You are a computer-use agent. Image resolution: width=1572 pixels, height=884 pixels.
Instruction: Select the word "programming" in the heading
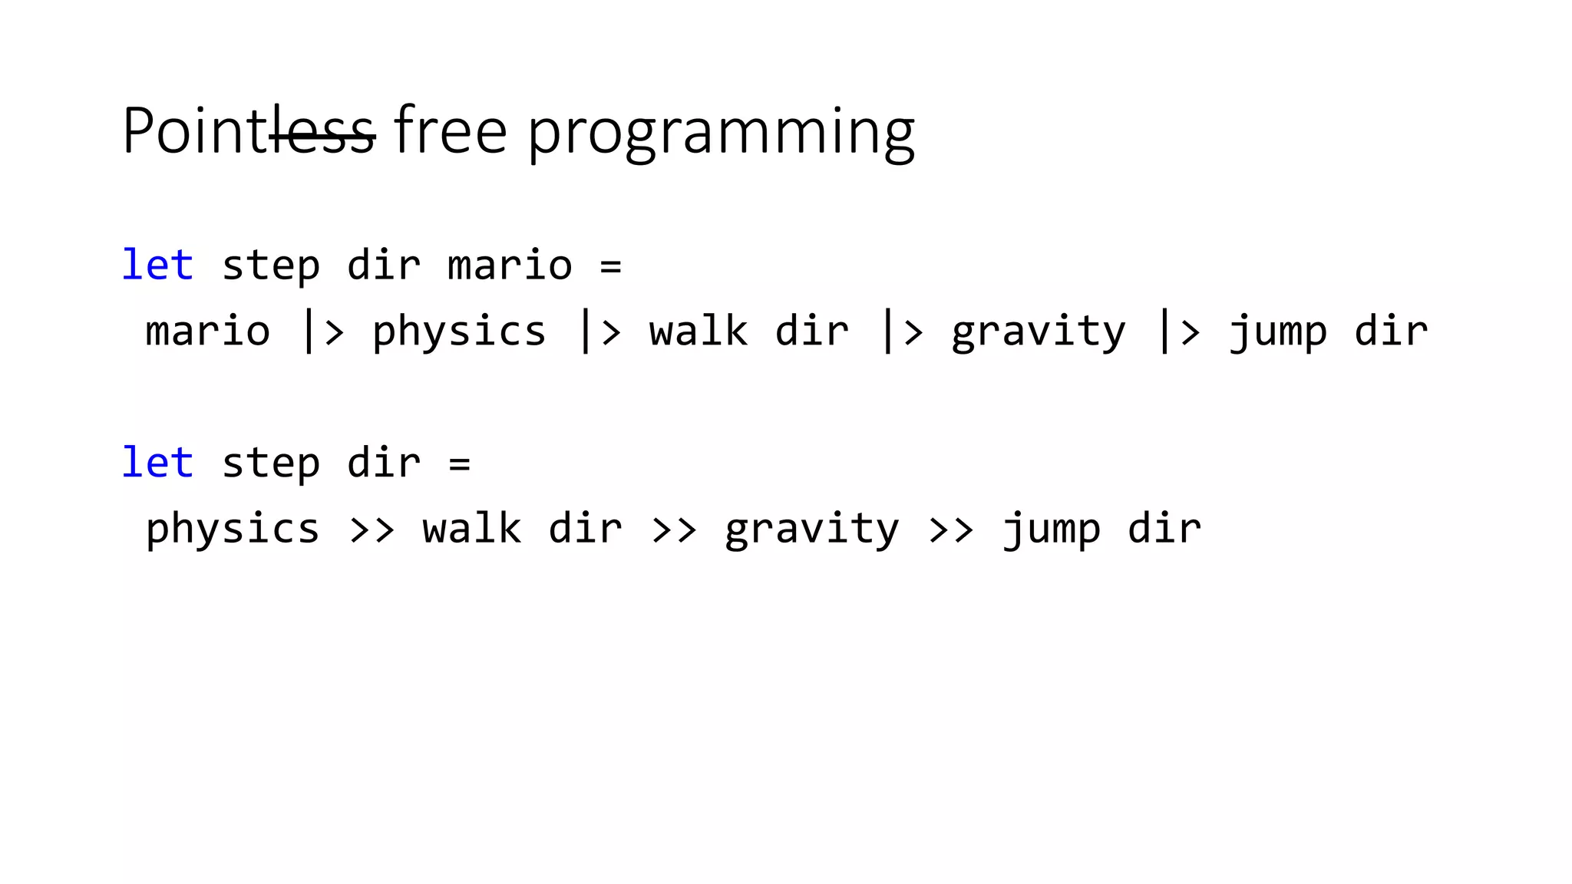tap(721, 134)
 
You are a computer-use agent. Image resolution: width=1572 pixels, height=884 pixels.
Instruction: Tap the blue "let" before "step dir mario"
tap(157, 266)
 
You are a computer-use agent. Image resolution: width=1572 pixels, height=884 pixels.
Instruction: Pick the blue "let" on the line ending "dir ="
tap(157, 463)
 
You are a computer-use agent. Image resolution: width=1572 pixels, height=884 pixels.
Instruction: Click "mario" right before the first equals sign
tap(510, 266)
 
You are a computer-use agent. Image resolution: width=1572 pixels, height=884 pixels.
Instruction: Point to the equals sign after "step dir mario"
tap(610, 266)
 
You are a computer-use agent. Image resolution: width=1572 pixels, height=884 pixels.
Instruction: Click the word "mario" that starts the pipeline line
tap(208, 331)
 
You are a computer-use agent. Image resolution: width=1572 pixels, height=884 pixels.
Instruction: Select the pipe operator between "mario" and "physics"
tap(322, 331)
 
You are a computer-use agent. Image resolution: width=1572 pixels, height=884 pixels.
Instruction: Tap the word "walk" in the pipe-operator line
tap(698, 331)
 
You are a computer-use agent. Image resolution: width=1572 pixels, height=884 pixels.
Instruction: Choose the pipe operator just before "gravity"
tap(901, 331)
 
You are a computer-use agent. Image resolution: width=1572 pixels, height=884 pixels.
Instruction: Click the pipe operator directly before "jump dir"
tap(1178, 331)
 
